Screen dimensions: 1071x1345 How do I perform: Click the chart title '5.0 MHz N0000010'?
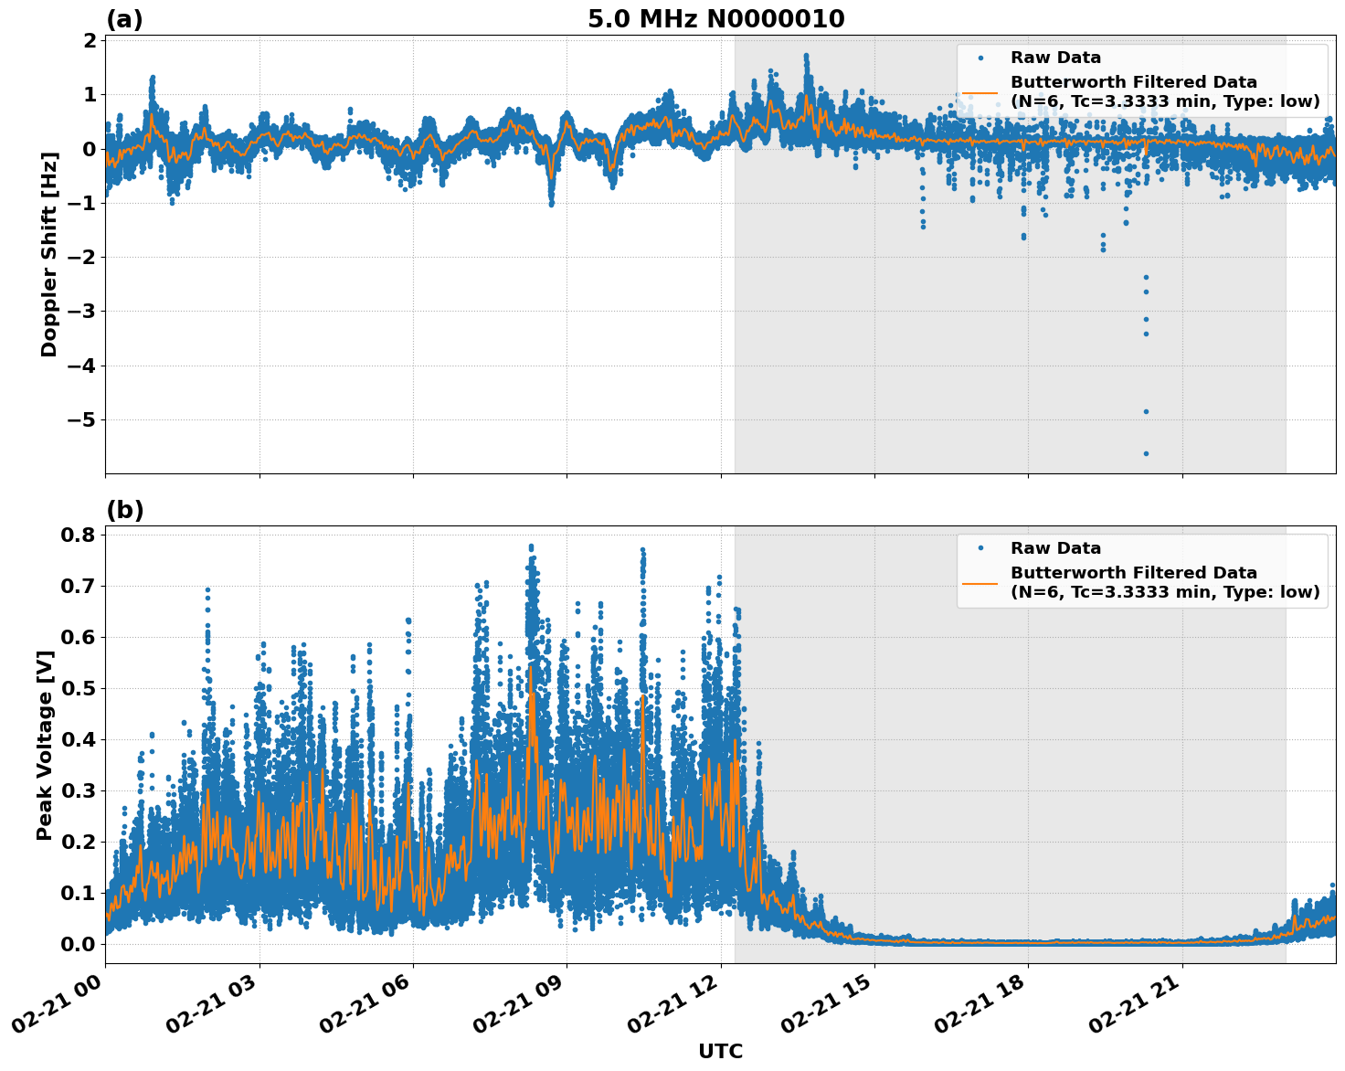(x=715, y=19)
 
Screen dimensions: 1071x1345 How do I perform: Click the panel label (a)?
(x=124, y=19)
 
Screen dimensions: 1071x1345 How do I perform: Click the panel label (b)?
(x=124, y=510)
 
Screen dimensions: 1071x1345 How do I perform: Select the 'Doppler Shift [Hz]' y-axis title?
(x=49, y=254)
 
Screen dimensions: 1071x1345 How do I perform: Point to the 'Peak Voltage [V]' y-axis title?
(x=44, y=745)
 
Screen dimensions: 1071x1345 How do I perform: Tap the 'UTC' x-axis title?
(x=720, y=1051)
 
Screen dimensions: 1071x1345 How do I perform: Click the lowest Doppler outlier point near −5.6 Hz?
(x=1146, y=453)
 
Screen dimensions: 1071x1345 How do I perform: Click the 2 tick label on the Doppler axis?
(x=90, y=41)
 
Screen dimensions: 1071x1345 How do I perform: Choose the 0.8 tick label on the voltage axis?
(x=79, y=535)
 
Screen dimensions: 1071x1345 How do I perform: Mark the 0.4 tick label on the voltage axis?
(x=79, y=739)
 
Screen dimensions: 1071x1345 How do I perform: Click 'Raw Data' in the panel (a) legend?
(x=1055, y=58)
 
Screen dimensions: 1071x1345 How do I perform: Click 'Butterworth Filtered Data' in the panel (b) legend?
(x=1133, y=573)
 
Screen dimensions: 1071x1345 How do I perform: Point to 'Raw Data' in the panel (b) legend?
(x=1055, y=548)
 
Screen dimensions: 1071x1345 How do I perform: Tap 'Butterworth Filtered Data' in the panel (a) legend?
(x=1133, y=82)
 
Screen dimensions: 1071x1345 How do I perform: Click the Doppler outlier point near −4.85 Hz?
(x=1146, y=411)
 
